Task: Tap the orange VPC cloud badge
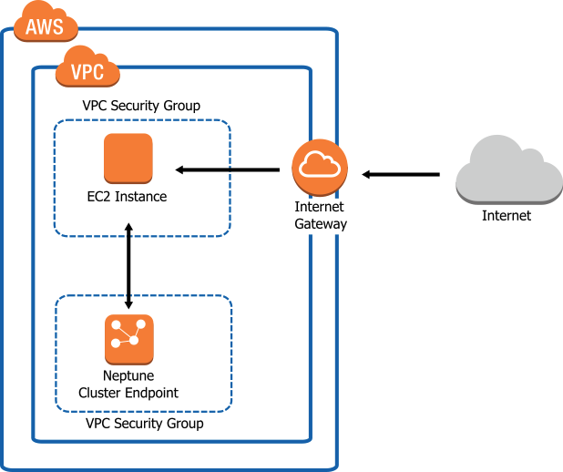(87, 71)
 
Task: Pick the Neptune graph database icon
(128, 338)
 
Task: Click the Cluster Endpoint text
(128, 393)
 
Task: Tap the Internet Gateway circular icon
(320, 167)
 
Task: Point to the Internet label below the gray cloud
(507, 216)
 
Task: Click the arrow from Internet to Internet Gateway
(401, 173)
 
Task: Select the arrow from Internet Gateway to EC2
(227, 169)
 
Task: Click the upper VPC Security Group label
(141, 107)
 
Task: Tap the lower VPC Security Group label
(144, 424)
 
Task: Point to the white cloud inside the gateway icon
(320, 165)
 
